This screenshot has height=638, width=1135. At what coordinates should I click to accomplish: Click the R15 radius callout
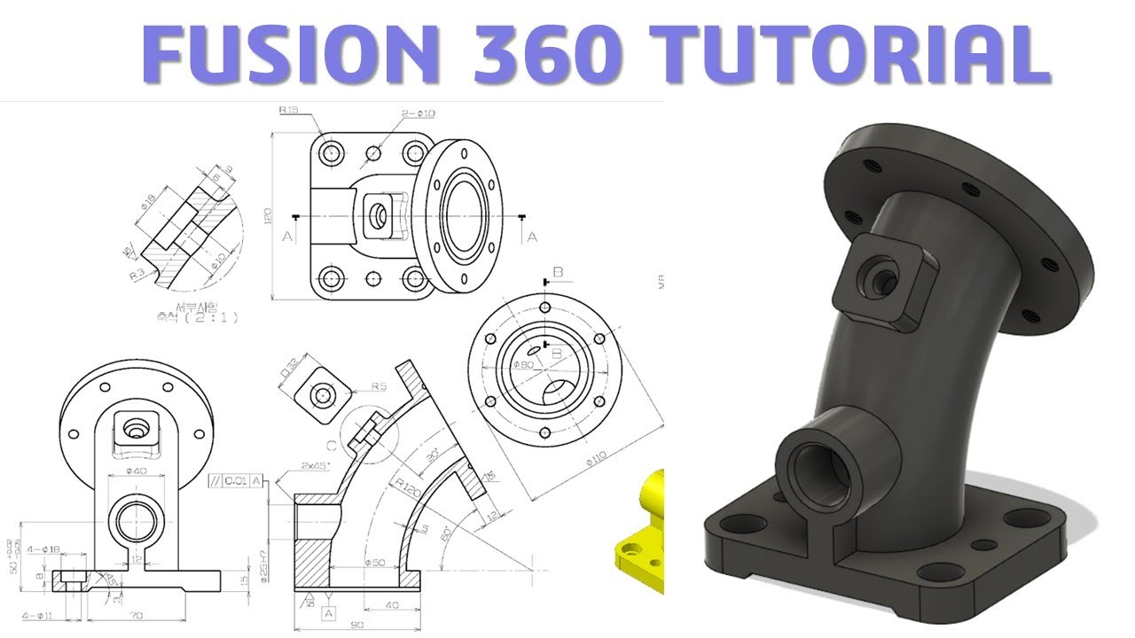(289, 111)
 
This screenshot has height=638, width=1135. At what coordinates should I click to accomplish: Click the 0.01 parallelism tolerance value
(236, 481)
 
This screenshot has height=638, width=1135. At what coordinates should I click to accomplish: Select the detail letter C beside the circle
(330, 445)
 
